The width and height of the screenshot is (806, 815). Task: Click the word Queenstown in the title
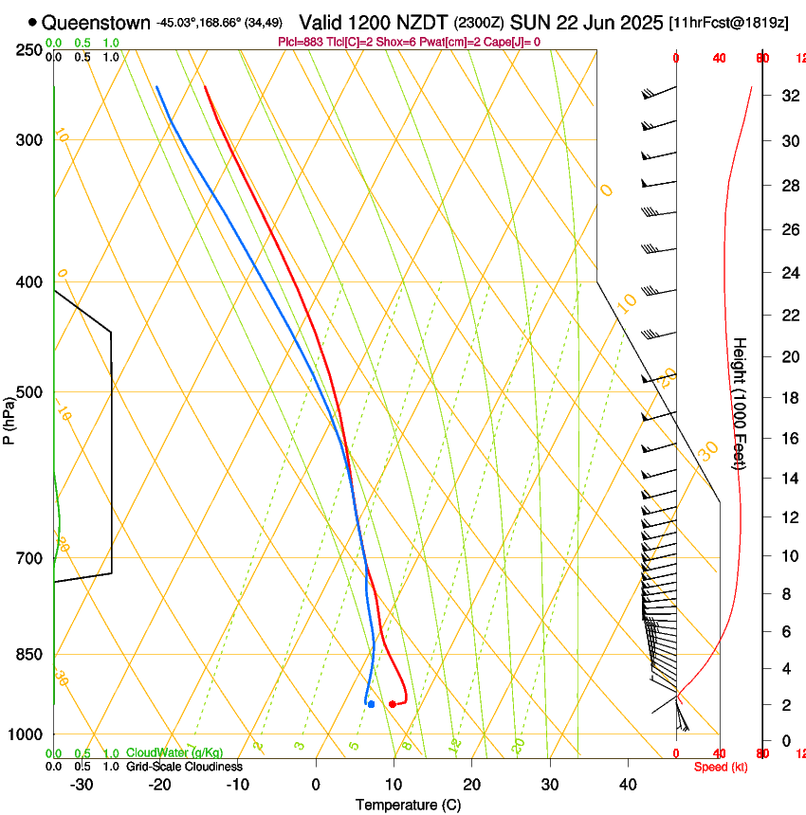[96, 22]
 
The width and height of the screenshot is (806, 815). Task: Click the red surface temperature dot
[393, 704]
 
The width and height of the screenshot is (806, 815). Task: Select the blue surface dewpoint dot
[371, 704]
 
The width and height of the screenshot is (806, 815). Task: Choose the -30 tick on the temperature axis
[82, 785]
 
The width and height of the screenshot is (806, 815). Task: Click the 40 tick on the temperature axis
[628, 785]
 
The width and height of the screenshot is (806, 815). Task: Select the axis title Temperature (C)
[408, 806]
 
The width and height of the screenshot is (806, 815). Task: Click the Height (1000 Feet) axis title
[741, 403]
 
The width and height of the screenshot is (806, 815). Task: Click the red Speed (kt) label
[721, 767]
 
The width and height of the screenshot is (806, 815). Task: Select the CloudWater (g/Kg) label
[174, 753]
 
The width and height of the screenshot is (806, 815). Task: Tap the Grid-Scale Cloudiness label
[184, 767]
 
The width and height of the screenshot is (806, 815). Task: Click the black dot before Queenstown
[33, 22]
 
